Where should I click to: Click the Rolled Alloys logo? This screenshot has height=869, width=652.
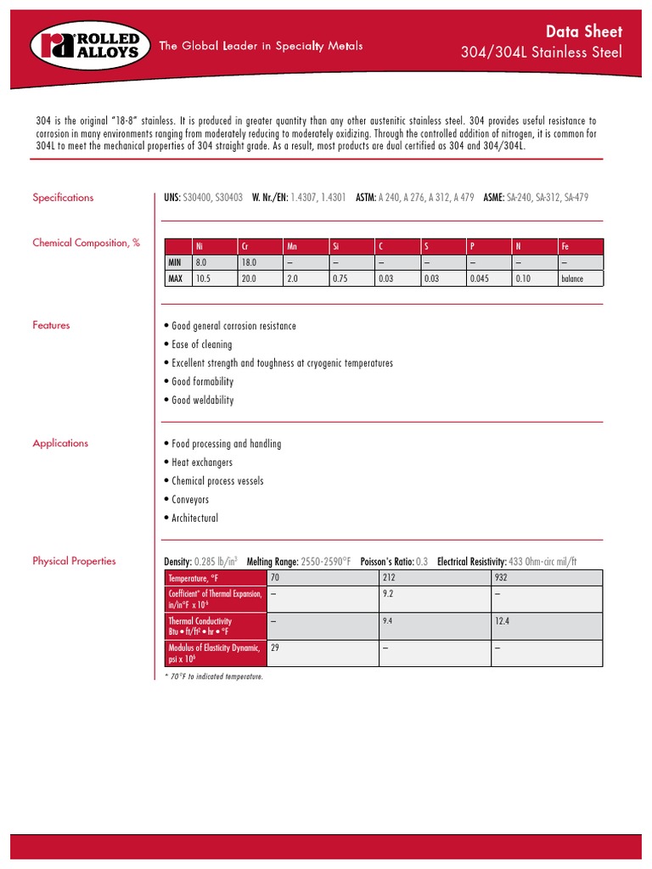85,46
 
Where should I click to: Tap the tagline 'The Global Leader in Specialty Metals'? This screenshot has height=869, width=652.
261,46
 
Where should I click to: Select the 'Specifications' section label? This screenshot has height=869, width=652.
63,198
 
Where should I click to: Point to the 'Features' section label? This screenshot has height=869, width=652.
51,325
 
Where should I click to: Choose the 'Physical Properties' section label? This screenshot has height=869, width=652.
74,561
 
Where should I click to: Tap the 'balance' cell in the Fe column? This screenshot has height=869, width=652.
572,278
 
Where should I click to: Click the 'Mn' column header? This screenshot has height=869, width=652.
292,246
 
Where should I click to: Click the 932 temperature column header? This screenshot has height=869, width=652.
502,578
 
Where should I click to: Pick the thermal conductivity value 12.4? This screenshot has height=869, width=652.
503,622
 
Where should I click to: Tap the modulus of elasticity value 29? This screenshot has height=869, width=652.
275,647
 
